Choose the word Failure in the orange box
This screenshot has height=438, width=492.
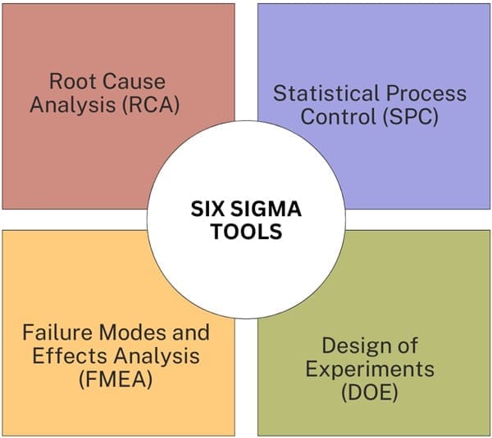pyautogui.click(x=56, y=332)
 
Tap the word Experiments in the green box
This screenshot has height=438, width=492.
pyautogui.click(x=369, y=368)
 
